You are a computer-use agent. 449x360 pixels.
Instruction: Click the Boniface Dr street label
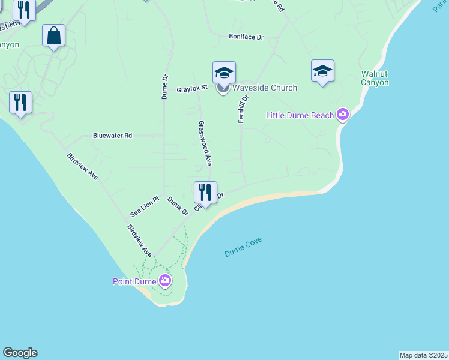point(246,37)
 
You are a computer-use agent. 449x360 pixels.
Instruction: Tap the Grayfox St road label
point(191,89)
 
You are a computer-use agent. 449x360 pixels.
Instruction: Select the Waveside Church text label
point(265,88)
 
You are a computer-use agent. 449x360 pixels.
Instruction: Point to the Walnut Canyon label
point(375,78)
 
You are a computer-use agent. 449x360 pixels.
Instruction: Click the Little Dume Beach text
point(300,115)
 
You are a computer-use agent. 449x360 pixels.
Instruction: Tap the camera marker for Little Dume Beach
point(343,114)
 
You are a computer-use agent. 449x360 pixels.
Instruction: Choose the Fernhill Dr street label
point(242,109)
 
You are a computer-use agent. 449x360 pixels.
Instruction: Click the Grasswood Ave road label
point(205,143)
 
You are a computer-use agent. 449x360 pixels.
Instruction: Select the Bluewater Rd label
point(112,136)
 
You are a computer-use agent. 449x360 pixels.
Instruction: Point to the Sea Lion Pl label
point(144,207)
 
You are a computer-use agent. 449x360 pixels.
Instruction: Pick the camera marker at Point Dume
point(164,280)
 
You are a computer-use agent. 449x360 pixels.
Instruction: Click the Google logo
point(20,353)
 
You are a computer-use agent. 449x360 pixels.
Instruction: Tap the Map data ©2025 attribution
point(424,355)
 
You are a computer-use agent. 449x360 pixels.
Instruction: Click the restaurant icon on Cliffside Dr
point(205,193)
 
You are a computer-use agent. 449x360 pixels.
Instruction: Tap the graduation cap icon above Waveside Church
point(224,73)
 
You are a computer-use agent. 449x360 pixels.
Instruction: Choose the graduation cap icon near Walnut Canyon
point(322,71)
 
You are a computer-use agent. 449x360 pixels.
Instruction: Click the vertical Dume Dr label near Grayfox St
point(164,86)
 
